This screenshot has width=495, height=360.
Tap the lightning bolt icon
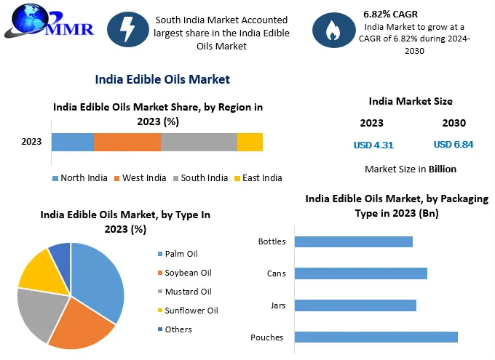pos(128,29)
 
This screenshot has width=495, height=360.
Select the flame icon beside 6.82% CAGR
pos(333,29)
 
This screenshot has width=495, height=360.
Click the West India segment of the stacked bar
pos(127,142)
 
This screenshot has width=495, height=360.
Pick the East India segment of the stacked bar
pos(250,142)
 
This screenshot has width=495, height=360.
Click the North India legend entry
pos(79,178)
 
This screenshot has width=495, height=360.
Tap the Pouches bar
pos(376,337)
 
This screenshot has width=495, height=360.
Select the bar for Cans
pos(361,273)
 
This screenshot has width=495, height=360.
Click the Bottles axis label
pos(272,241)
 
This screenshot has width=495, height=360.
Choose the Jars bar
pos(356,305)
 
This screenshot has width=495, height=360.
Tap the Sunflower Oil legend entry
pos(187,311)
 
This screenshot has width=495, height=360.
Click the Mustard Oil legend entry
pos(184,292)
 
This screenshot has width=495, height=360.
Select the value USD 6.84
pos(454,145)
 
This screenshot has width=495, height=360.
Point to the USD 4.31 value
pos(373,145)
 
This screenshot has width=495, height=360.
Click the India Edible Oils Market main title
pos(162,79)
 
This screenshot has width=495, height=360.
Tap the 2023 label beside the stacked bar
pos(31,142)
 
